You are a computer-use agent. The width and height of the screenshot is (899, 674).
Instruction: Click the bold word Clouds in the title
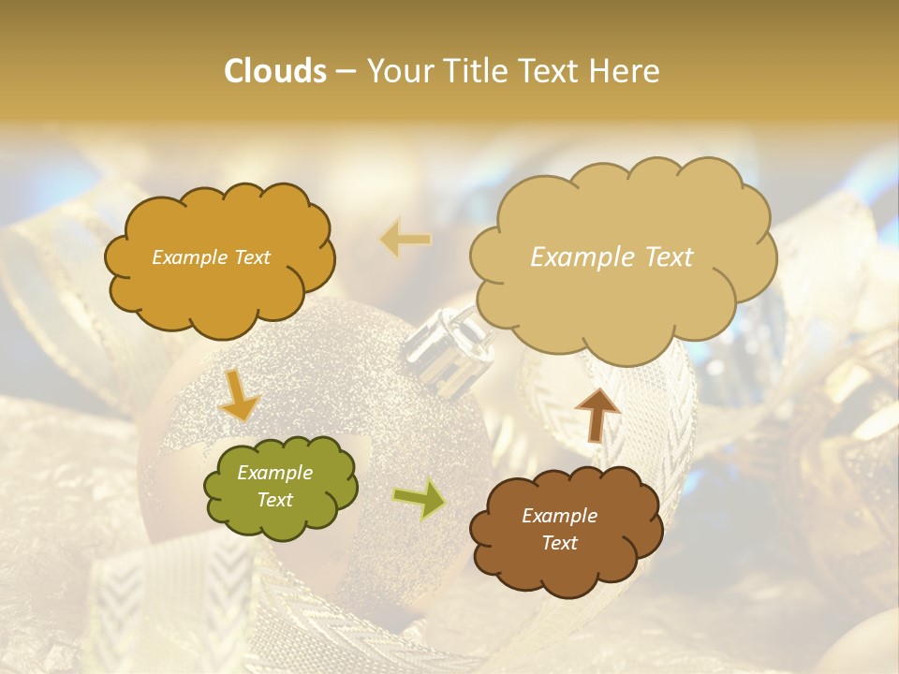tap(274, 71)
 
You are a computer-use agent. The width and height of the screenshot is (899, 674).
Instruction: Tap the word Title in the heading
tap(477, 71)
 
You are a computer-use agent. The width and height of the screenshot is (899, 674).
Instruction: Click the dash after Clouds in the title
tap(346, 72)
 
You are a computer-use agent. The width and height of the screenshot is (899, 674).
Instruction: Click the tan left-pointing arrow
tap(405, 240)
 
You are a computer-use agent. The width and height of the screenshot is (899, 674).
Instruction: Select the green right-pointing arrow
tap(420, 500)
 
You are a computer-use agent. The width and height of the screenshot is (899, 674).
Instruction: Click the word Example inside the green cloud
tap(274, 473)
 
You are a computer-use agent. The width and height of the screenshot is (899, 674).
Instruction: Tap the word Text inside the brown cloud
tap(559, 543)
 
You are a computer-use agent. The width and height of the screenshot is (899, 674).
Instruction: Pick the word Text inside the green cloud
tap(274, 500)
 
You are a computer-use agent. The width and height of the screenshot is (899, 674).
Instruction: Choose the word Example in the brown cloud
tap(559, 516)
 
